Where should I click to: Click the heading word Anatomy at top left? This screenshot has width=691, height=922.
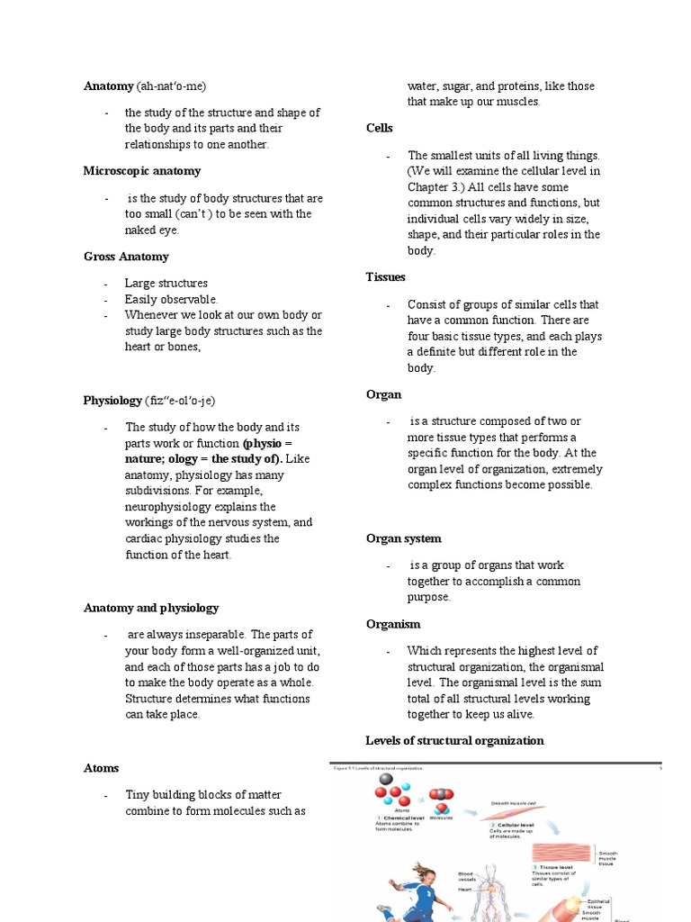click(x=108, y=86)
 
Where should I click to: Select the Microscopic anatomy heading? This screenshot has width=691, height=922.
click(x=141, y=171)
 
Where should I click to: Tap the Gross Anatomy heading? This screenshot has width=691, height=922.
click(x=126, y=257)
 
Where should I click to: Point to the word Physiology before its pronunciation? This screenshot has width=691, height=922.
click(x=112, y=401)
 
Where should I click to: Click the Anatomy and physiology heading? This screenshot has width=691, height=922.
click(x=150, y=608)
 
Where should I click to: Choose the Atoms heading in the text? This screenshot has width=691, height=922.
click(x=101, y=768)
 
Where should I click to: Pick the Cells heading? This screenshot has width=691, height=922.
click(x=379, y=129)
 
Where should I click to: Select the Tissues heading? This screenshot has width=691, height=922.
click(x=385, y=277)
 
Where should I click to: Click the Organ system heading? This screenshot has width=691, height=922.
click(x=403, y=538)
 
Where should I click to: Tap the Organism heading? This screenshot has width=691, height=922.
click(x=393, y=624)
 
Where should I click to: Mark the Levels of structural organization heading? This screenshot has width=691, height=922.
click(x=454, y=740)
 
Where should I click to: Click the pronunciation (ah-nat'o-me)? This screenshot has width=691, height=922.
click(x=171, y=86)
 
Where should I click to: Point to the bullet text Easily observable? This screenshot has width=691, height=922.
click(x=171, y=299)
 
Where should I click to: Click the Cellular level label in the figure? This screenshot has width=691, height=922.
click(x=517, y=825)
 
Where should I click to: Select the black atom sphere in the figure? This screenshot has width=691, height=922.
click(x=386, y=780)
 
